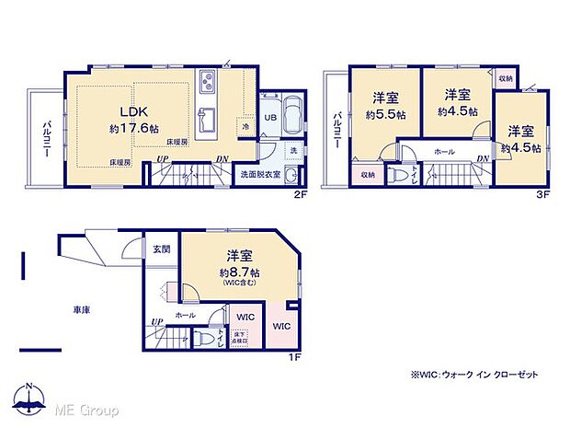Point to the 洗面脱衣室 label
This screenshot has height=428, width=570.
point(261,174)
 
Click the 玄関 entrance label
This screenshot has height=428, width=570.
point(161,249)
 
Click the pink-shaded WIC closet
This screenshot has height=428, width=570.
point(280,327)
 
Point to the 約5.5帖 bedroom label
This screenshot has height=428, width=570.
point(384,115)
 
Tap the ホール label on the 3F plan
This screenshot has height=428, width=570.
point(443,152)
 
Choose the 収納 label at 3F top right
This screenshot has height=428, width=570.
point(506,79)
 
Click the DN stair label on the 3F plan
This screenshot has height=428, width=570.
point(483,158)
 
